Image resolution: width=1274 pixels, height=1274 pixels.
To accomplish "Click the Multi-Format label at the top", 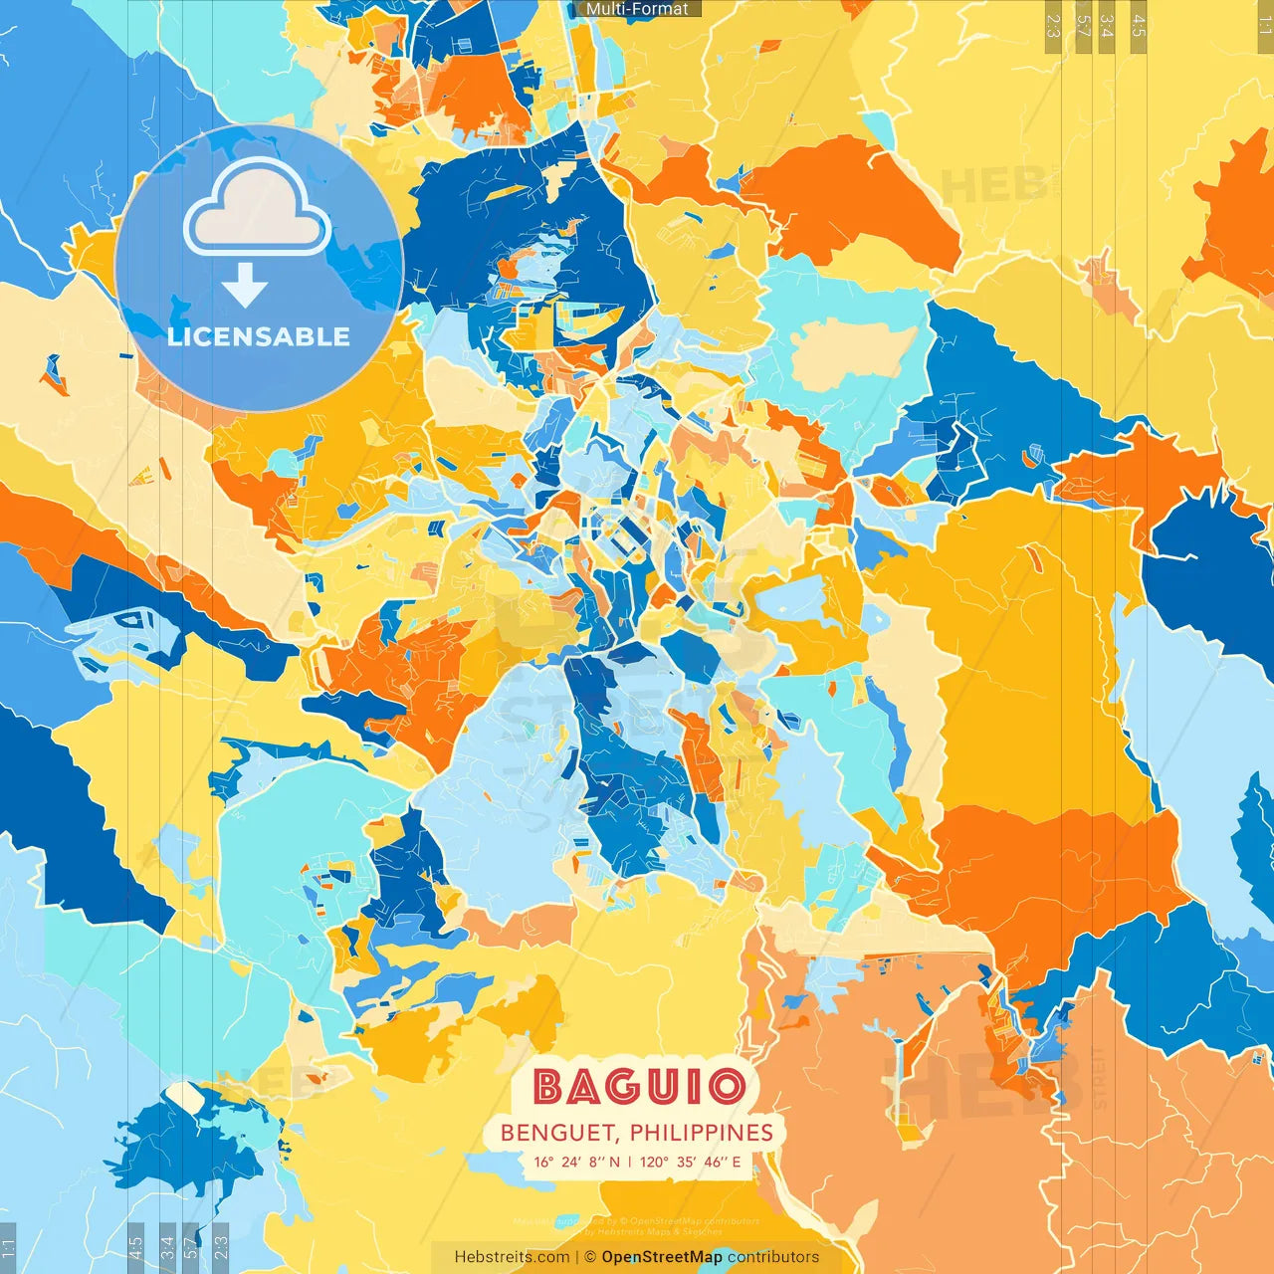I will click(x=637, y=9).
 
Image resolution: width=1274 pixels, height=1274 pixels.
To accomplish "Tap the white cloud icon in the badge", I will click(x=258, y=209).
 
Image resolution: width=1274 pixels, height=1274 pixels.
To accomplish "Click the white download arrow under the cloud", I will click(x=245, y=288).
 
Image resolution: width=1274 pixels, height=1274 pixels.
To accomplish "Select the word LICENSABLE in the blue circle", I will click(x=259, y=336).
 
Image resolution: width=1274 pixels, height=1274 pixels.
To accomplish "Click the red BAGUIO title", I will click(x=638, y=1087).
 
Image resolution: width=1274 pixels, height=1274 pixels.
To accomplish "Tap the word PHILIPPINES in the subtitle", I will click(x=701, y=1133).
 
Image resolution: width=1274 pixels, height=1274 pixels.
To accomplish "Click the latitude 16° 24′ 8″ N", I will click(x=576, y=1162).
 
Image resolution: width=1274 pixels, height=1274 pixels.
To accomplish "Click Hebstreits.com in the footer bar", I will click(x=512, y=1257).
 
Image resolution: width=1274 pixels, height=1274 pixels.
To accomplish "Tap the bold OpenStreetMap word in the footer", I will click(x=662, y=1257).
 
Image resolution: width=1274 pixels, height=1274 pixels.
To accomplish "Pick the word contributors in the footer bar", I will click(x=773, y=1257).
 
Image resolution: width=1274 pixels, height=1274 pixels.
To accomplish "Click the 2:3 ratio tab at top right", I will click(x=1053, y=26).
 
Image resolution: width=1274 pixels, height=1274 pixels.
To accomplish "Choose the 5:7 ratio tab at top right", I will click(x=1083, y=26).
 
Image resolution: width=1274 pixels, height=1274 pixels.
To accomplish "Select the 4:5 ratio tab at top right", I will click(x=1138, y=26).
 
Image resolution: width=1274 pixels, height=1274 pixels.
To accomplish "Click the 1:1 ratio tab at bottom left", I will click(x=8, y=1247).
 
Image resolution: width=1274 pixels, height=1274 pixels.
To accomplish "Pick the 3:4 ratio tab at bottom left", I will click(x=167, y=1247).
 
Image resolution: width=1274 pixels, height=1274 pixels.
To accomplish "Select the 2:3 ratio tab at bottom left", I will click(x=221, y=1247).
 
